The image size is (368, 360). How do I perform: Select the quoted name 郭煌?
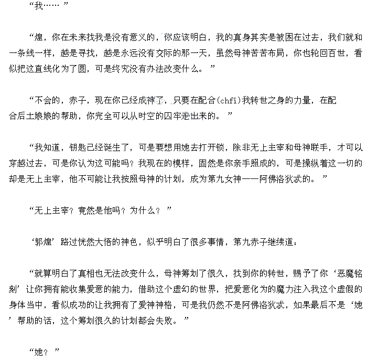tap(42, 242)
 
